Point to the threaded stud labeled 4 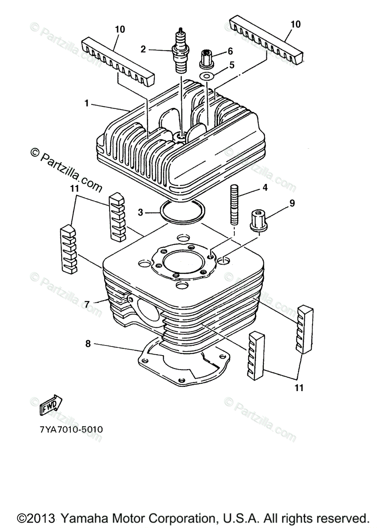[x=234, y=205]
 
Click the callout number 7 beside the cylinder [x=87, y=304]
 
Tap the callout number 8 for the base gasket [x=88, y=344]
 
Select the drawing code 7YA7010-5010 [x=70, y=428]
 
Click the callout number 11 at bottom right [x=299, y=388]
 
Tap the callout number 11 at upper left [x=74, y=188]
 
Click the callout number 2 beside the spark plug [x=143, y=49]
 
